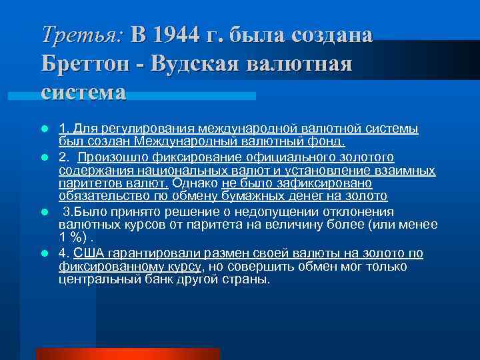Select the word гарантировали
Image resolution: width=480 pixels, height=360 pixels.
click(x=148, y=253)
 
